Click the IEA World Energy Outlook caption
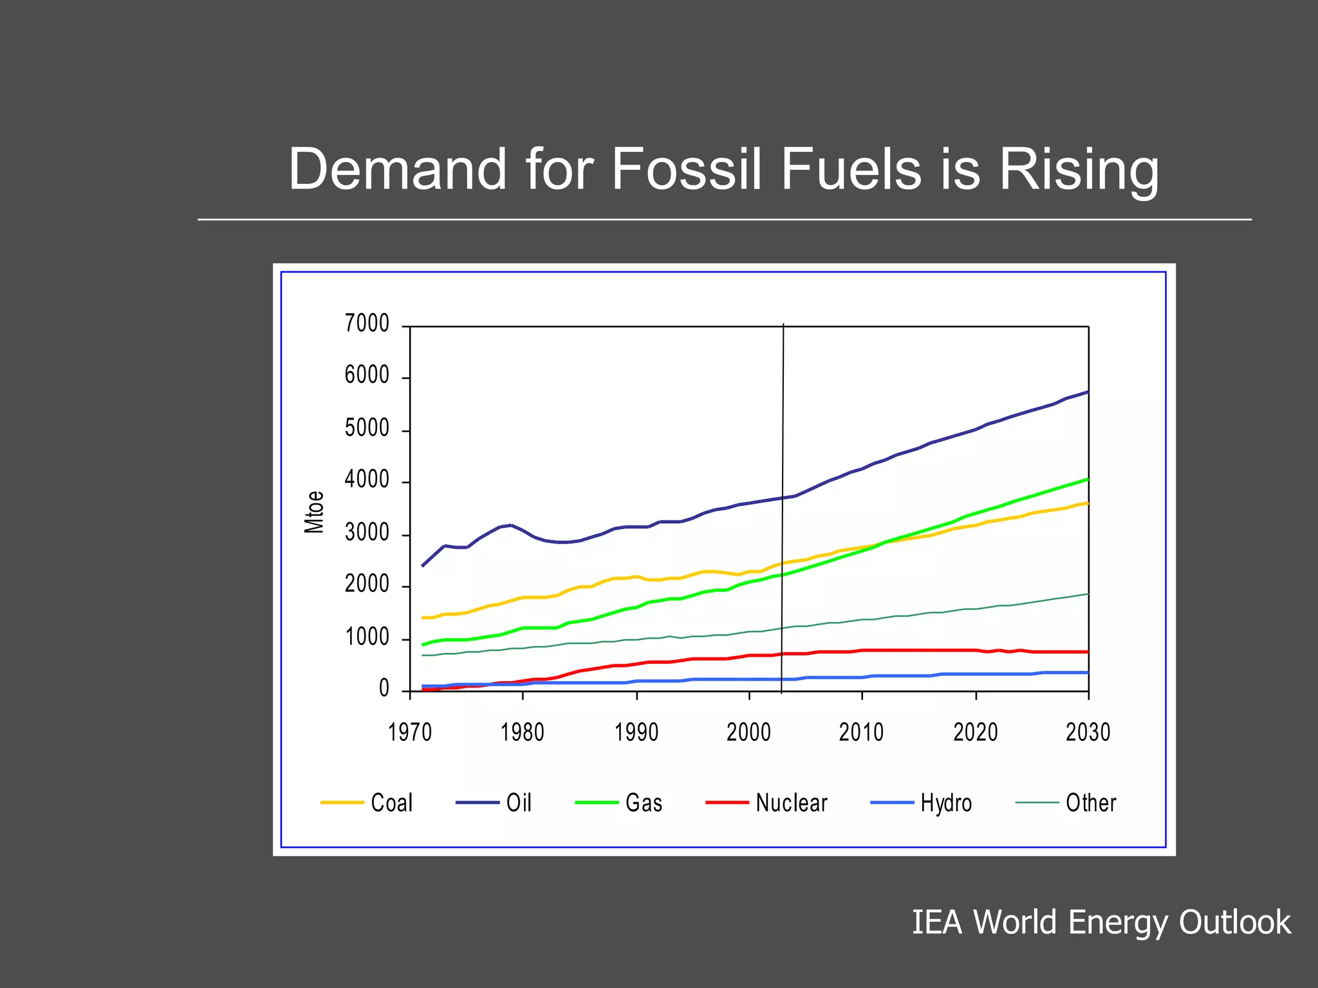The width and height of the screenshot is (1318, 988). coord(1101,922)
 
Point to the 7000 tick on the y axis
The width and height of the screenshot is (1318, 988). coord(367,323)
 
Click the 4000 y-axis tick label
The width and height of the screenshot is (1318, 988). coord(367,480)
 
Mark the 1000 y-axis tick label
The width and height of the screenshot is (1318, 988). coord(367,637)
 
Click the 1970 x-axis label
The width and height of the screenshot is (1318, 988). coord(410,732)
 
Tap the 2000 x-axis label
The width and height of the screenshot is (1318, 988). coord(748,732)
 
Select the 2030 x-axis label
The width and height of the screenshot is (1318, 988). coord(1088,732)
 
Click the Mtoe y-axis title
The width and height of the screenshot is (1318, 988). coord(314,512)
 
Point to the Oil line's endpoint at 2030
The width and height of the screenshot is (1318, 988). coord(1088,392)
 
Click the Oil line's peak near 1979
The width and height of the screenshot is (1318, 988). coord(511,525)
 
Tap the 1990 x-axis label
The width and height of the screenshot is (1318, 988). coord(636,732)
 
